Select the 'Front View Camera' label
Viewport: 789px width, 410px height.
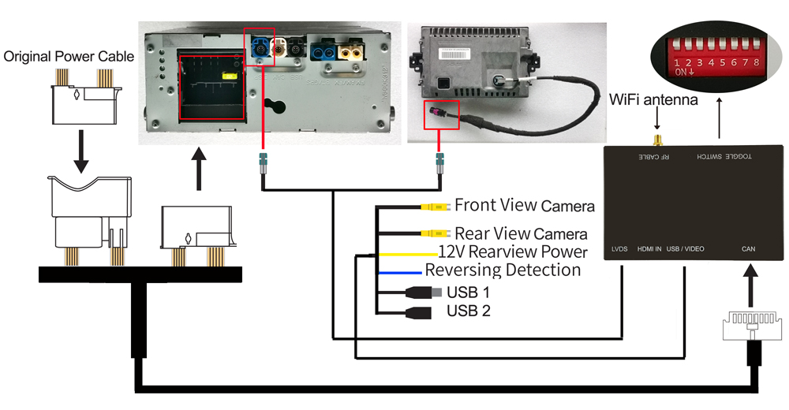tap(524, 207)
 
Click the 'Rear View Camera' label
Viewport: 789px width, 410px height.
tap(521, 233)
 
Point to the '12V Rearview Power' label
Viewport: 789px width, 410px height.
tap(513, 252)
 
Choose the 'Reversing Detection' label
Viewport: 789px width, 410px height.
tap(503, 270)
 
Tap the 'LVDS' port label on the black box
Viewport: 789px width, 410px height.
tap(619, 249)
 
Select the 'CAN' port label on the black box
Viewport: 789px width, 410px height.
tap(748, 249)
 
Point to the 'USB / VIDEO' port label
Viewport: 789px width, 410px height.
tap(685, 249)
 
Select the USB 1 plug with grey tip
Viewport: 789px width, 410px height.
tap(423, 292)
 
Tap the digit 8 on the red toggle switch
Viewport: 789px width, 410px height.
tap(757, 61)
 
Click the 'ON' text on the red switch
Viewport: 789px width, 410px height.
tap(681, 72)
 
